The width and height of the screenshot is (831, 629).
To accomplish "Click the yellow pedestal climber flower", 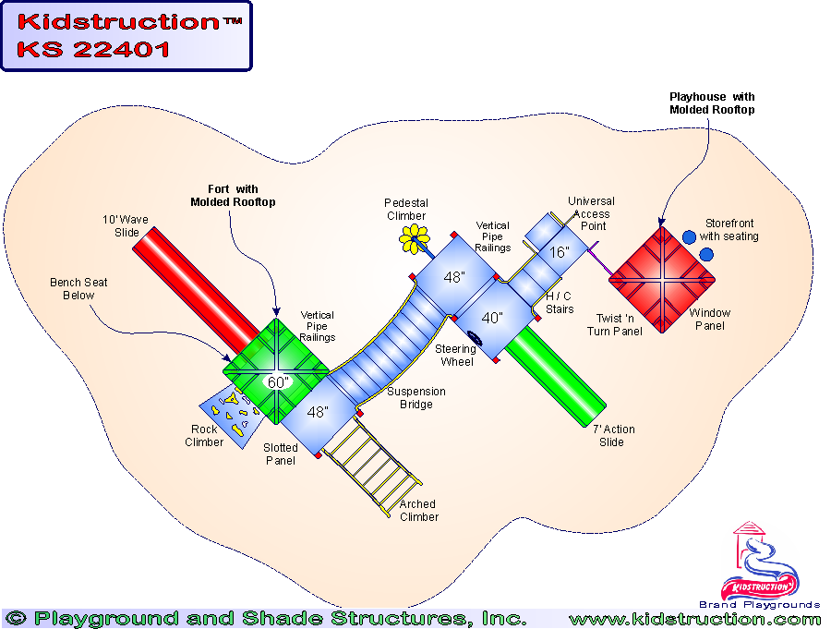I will pyautogui.click(x=415, y=239).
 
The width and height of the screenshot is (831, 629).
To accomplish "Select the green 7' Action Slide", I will pyautogui.click(x=554, y=375).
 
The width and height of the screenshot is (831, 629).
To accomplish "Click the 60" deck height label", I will pyautogui.click(x=277, y=381).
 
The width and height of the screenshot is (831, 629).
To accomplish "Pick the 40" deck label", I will pyautogui.click(x=492, y=318).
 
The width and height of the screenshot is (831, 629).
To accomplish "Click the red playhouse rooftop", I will pyautogui.click(x=664, y=280).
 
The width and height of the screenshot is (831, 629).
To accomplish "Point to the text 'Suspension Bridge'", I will pyautogui.click(x=416, y=398).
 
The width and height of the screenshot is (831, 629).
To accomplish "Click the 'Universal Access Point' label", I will pyautogui.click(x=591, y=214).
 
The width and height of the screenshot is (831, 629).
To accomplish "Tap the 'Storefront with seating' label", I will pyautogui.click(x=731, y=230).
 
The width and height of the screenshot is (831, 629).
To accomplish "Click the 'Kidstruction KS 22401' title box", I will pyautogui.click(x=126, y=36).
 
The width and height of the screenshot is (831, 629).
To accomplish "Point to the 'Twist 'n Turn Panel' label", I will pyautogui.click(x=615, y=325).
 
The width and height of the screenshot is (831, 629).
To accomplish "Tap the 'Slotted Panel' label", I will pyautogui.click(x=281, y=454).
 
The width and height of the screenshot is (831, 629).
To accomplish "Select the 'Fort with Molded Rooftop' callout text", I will pyautogui.click(x=233, y=196).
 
